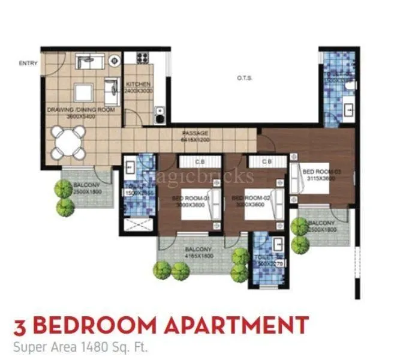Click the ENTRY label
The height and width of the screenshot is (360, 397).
[28, 63]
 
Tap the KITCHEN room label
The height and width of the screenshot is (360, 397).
[138, 84]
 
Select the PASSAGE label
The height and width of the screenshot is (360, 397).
[196, 133]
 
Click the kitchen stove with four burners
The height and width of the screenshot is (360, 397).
[142, 58]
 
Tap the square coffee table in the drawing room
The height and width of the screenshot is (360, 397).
[83, 92]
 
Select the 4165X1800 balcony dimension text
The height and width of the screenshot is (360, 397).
[197, 256]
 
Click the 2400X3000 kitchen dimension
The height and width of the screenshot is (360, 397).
[138, 91]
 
